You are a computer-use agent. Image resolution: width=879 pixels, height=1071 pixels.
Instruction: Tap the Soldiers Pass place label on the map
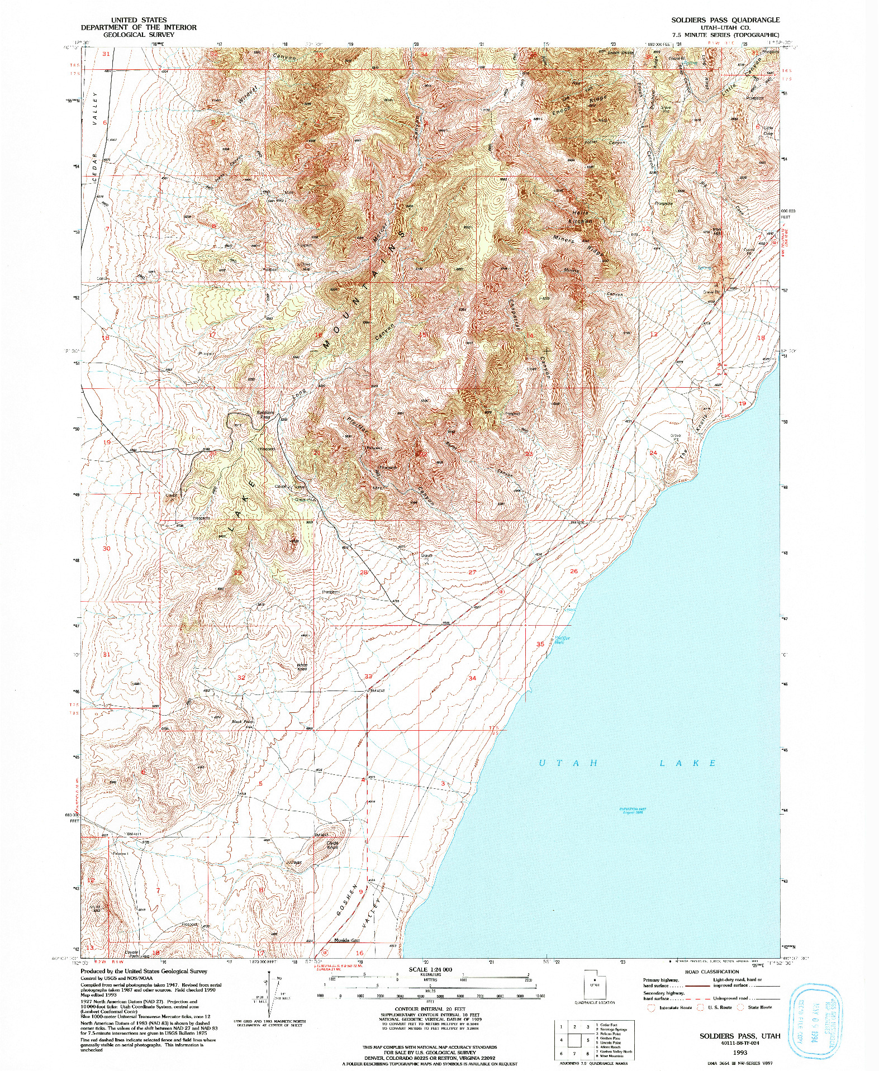[x=265, y=415]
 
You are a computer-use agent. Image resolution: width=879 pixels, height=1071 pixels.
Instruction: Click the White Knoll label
[x=302, y=667]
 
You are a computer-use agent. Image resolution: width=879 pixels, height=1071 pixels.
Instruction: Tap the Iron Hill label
[x=717, y=230]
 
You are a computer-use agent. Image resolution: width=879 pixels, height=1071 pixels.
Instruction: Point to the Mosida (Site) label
[x=346, y=940]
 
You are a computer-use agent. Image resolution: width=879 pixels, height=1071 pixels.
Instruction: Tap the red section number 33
[x=368, y=676]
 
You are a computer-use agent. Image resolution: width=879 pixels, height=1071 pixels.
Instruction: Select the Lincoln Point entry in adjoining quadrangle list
[x=609, y=1043]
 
